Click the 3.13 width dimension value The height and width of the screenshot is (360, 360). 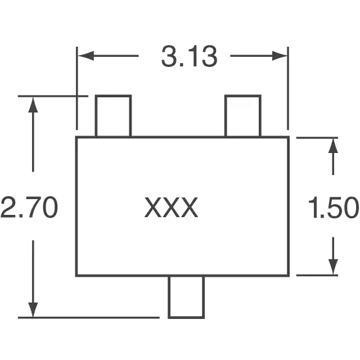[189, 56]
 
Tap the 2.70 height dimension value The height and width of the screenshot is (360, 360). [29, 207]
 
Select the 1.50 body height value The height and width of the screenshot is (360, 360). [334, 207]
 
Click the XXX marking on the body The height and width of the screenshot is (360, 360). [171, 207]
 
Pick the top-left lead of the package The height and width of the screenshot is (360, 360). [114, 116]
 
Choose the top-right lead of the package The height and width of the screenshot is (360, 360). [243, 116]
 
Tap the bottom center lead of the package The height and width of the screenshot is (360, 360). [186, 297]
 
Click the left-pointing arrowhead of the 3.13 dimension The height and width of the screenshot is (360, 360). [86, 56]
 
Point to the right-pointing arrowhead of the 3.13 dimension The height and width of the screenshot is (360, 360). [280, 56]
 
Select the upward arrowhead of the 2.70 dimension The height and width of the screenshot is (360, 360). [33, 105]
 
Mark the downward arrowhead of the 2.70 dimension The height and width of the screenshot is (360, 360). [33, 310]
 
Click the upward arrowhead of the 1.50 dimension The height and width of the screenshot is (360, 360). [333, 146]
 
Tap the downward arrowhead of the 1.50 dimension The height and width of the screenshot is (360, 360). [333, 267]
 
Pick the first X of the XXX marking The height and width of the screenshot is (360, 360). [152, 207]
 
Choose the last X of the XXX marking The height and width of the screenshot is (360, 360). [190, 207]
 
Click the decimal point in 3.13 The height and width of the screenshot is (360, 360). [181, 65]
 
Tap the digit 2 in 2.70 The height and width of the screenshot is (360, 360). [8, 207]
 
